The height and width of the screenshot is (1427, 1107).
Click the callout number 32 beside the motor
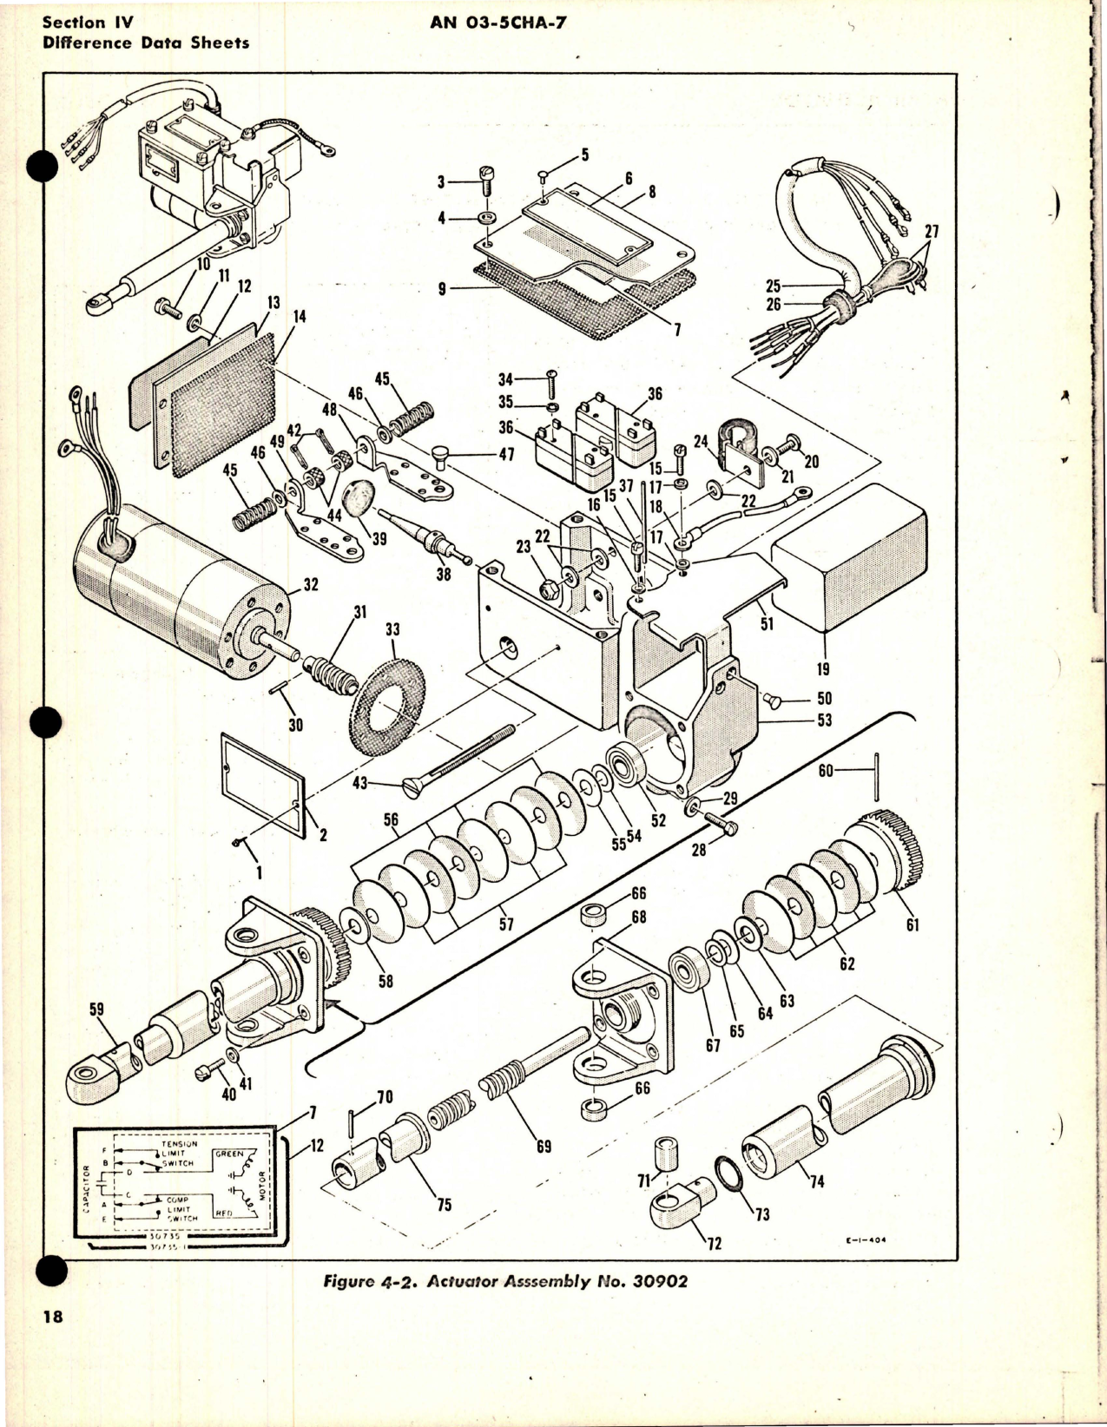(x=310, y=585)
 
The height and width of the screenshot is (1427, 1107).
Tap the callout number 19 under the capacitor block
(x=823, y=669)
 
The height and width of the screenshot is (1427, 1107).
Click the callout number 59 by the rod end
(x=96, y=1010)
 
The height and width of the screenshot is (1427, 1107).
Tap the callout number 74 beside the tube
(x=816, y=1181)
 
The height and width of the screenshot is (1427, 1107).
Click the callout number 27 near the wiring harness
(x=931, y=233)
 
